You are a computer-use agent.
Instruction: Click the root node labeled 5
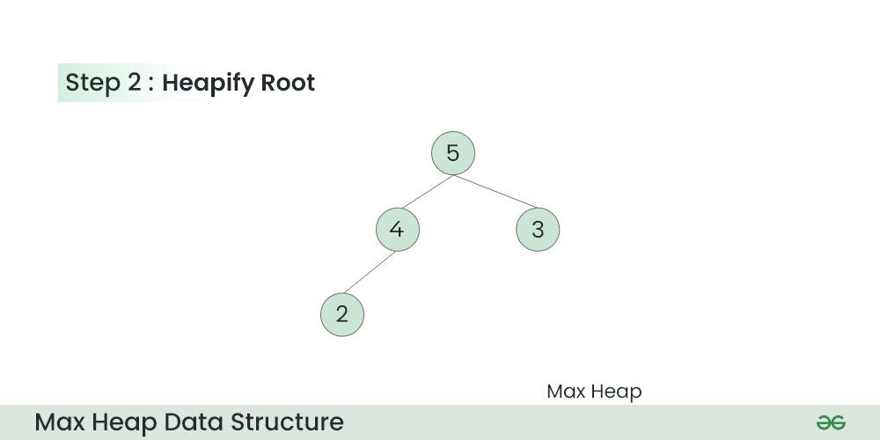[453, 153]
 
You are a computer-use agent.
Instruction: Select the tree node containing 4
[398, 230]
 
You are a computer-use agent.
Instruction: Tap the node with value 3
[538, 230]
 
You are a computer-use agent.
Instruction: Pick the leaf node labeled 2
[342, 315]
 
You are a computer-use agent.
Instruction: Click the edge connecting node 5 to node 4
[428, 191]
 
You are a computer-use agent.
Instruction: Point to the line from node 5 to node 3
[495, 191]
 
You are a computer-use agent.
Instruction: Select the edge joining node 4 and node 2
[370, 272]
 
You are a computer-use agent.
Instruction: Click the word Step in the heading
[93, 83]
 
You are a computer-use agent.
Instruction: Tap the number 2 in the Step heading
[134, 83]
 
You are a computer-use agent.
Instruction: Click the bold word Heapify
[209, 83]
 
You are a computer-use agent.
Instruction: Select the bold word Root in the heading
[288, 83]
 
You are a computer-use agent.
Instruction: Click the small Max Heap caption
[594, 392]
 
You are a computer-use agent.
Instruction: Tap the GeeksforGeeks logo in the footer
[832, 422]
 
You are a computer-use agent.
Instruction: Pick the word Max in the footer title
[60, 422]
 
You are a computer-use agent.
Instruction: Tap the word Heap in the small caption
[618, 392]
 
